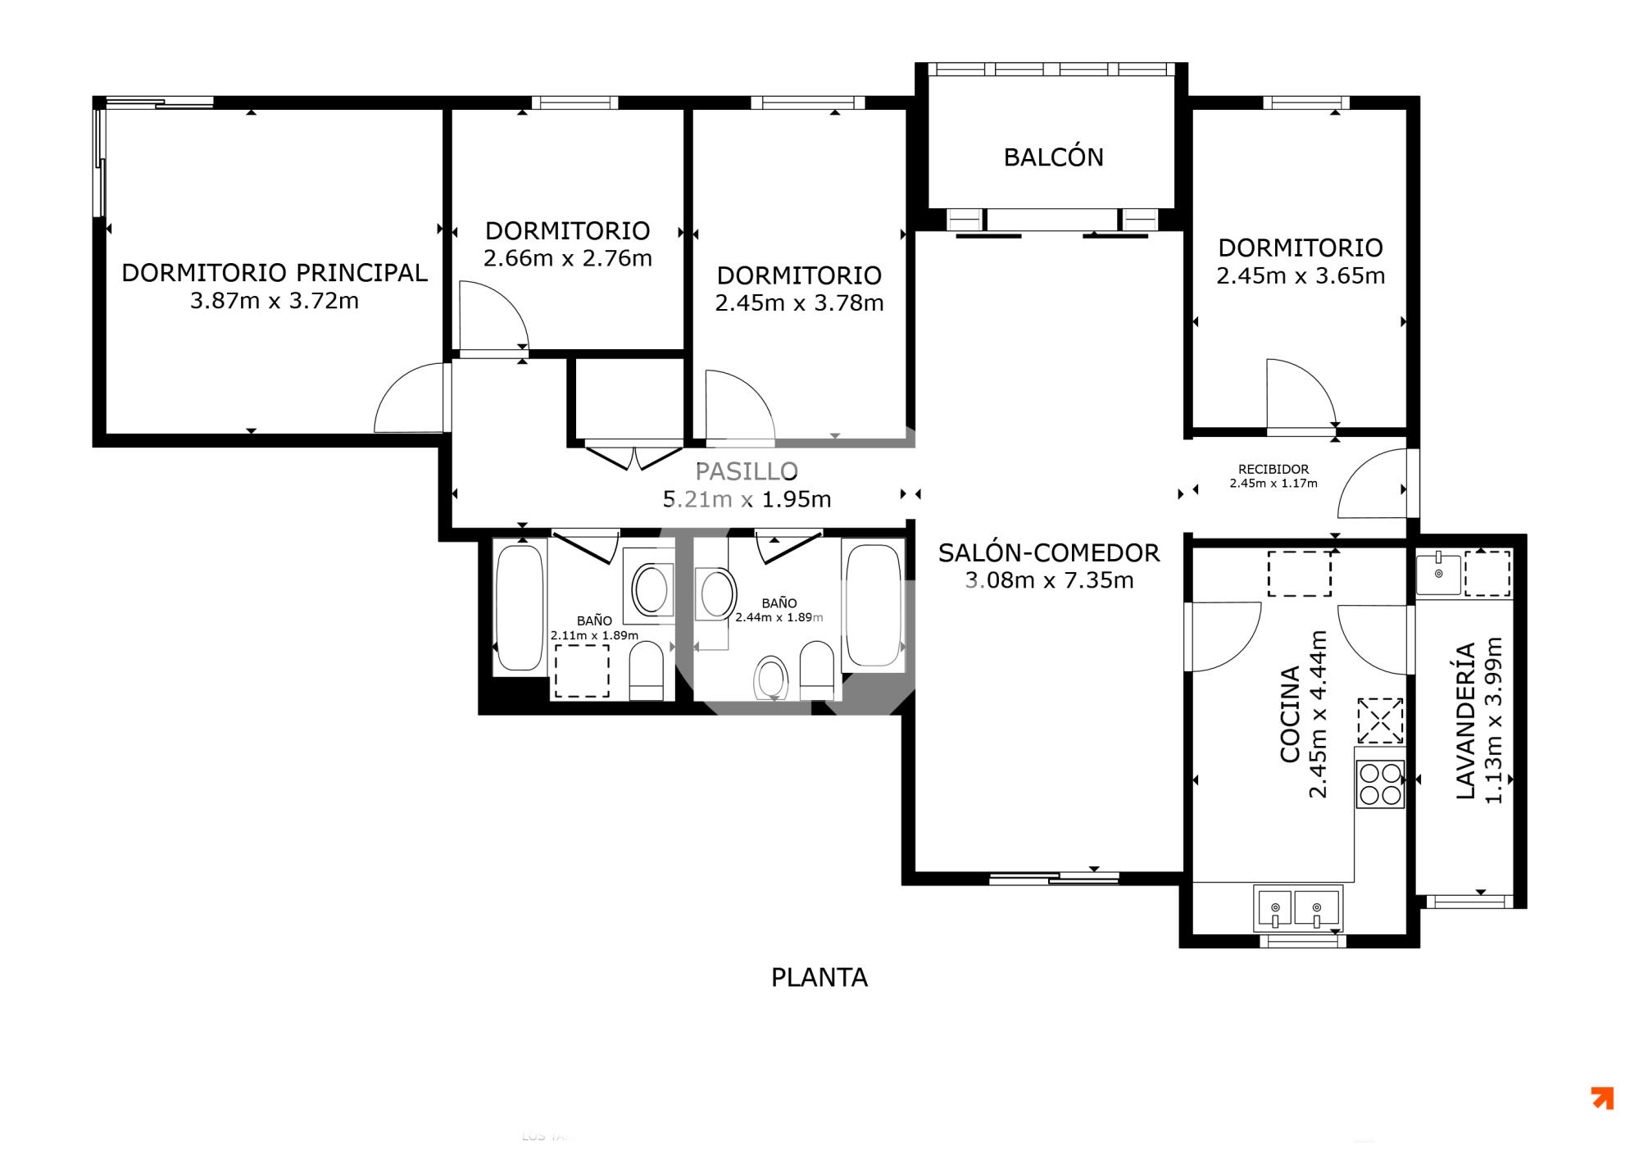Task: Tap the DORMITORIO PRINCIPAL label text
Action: tap(275, 273)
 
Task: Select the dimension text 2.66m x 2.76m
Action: tap(568, 258)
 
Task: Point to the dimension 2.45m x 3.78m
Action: tap(799, 303)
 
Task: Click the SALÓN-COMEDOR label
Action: tap(1049, 552)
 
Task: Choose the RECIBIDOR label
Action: tap(1274, 469)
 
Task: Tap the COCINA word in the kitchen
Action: tap(1290, 714)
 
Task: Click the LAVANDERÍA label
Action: tap(1465, 721)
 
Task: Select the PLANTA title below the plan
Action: tap(819, 977)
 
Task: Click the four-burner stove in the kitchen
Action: tap(1380, 784)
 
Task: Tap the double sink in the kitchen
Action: tap(1297, 908)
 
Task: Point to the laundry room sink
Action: tap(1438, 574)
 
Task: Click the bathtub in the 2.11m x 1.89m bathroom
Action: tap(520, 607)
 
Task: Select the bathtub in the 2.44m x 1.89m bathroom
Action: tap(874, 605)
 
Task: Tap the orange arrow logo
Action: tap(1602, 1098)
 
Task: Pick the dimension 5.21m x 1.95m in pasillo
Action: tap(747, 499)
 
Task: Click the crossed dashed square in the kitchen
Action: tap(1380, 720)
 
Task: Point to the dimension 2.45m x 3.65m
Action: tap(1301, 275)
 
